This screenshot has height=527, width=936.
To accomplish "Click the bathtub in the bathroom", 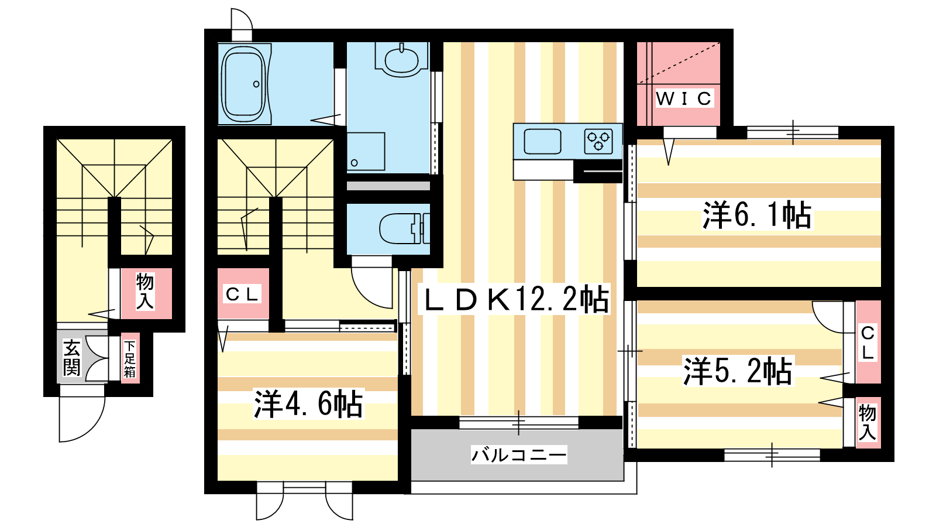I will pyautogui.click(x=243, y=84).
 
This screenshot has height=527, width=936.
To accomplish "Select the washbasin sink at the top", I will pyautogui.click(x=401, y=59).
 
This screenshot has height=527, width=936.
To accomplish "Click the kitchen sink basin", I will pyautogui.click(x=542, y=142).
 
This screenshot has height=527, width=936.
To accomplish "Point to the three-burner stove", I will pyautogui.click(x=598, y=141).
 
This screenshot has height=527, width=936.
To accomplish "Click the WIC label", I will pyautogui.click(x=683, y=98).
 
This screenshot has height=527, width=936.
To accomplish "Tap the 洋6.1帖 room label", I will pyautogui.click(x=757, y=215).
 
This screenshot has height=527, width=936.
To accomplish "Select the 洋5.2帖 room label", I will pyautogui.click(x=738, y=371).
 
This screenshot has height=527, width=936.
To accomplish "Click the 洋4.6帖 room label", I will pyautogui.click(x=308, y=403).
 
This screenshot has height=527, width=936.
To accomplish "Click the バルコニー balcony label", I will pyautogui.click(x=519, y=454).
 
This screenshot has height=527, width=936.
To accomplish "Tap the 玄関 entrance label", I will pyautogui.click(x=71, y=358).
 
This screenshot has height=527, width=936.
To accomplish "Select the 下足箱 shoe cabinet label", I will pyautogui.click(x=130, y=358).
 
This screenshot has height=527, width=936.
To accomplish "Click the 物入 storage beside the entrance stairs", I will pyautogui.click(x=145, y=291).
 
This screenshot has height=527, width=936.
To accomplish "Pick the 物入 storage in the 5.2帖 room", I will pyautogui.click(x=867, y=422).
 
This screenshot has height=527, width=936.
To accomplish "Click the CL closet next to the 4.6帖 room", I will pyautogui.click(x=243, y=294).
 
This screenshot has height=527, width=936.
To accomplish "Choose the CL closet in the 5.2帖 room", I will pyautogui.click(x=868, y=343).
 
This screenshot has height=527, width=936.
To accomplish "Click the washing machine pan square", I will pyautogui.click(x=366, y=151).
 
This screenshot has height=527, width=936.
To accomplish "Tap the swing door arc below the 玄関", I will pyautogui.click(x=82, y=418).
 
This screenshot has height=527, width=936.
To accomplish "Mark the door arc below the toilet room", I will pyautogui.click(x=372, y=287).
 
